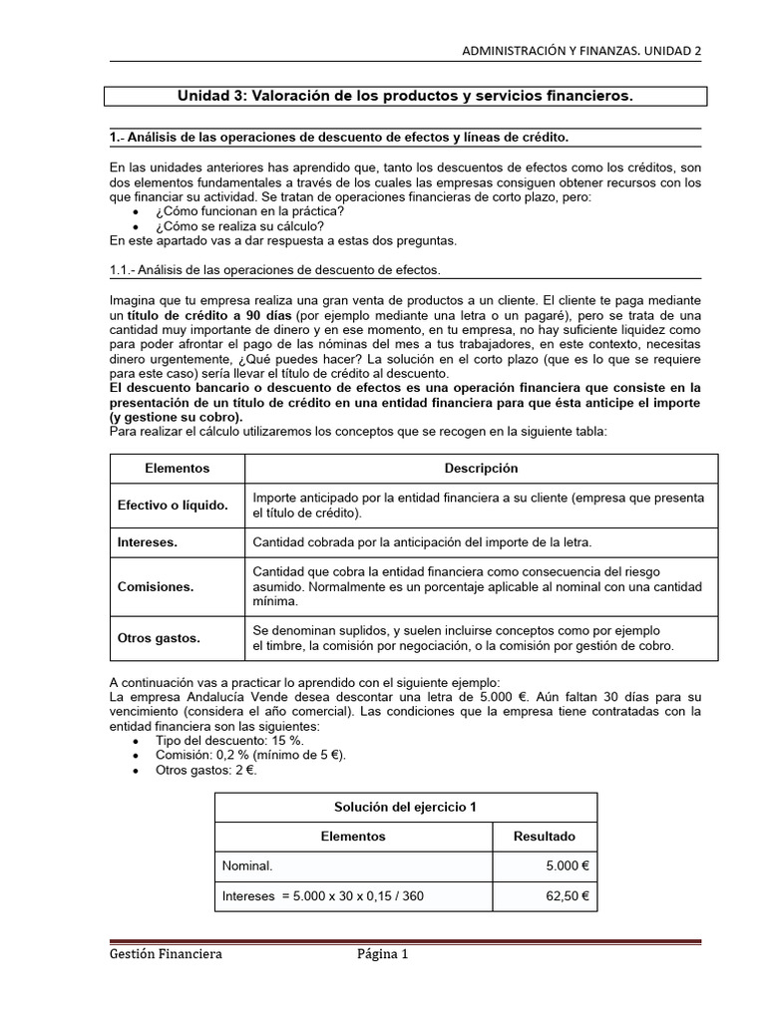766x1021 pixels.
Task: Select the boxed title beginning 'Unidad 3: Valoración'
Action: [x=405, y=96]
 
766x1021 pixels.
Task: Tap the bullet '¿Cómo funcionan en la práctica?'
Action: [x=250, y=211]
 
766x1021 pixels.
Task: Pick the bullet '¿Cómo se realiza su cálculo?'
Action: [x=240, y=225]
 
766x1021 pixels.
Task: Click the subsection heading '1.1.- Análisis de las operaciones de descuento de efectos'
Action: [x=273, y=269]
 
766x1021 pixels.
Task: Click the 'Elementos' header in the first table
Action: [x=177, y=468]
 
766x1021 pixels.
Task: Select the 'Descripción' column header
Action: [x=481, y=468]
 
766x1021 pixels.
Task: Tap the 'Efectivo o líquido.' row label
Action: [x=173, y=506]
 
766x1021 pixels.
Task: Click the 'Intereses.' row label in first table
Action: [x=148, y=542]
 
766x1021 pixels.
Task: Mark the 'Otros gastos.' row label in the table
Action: [x=158, y=637]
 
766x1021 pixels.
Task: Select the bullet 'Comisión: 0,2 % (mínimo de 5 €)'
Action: [x=251, y=756]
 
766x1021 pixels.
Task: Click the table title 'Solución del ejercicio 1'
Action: [x=406, y=807]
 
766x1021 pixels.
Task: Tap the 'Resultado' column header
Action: [x=544, y=837]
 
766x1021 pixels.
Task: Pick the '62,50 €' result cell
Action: [x=568, y=896]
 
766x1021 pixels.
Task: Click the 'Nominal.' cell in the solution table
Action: [x=248, y=866]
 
